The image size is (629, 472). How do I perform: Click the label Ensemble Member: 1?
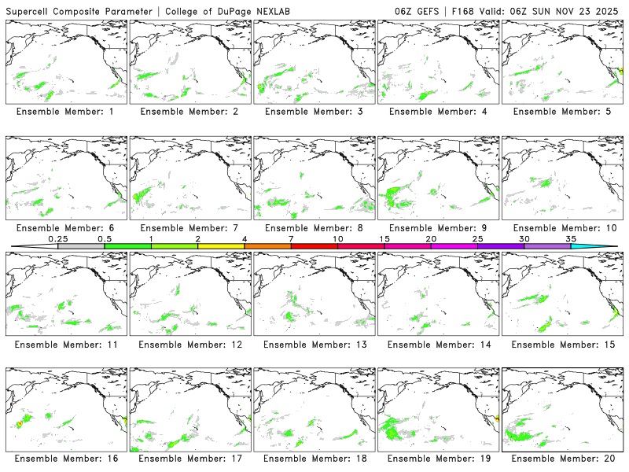64,112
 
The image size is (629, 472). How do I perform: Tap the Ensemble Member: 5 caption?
561,112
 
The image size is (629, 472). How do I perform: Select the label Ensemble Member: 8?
313,228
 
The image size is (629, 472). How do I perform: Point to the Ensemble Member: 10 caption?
561,228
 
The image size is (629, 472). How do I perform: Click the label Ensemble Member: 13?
313,344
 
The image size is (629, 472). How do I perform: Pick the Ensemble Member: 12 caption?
189,344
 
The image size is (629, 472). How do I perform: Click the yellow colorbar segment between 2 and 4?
221,246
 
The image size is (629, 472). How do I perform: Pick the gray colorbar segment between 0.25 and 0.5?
81,246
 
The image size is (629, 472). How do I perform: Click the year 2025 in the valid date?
609,10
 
